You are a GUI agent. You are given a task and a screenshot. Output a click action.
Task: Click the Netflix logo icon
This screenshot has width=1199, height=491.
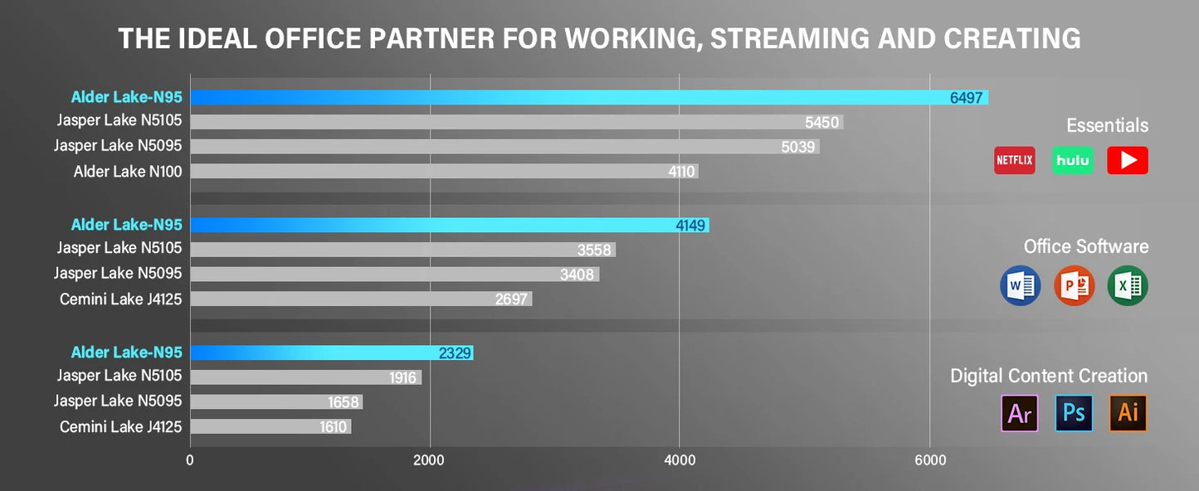[1014, 160]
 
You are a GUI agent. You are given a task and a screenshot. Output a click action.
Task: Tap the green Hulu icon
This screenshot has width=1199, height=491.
[1072, 160]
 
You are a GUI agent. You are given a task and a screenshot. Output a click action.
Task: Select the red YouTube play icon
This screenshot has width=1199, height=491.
[1128, 160]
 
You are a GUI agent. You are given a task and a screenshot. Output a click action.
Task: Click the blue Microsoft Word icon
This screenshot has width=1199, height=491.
[1020, 286]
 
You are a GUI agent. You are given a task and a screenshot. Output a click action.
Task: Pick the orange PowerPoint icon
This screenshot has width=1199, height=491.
[1074, 286]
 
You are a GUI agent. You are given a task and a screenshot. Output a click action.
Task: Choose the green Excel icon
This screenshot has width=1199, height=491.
[1128, 286]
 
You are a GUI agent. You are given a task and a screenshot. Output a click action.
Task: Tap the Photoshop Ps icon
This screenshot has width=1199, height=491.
[1074, 413]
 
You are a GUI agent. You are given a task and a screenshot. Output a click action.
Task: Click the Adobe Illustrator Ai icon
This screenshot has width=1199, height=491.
[1128, 413]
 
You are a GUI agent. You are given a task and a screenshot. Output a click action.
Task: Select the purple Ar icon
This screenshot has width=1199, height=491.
[1020, 413]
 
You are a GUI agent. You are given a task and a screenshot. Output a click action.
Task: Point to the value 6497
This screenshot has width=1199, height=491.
[966, 98]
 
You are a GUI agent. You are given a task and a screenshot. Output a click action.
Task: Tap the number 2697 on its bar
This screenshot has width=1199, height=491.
[511, 299]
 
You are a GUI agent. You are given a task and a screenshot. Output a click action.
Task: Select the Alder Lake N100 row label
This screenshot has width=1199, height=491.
[128, 172]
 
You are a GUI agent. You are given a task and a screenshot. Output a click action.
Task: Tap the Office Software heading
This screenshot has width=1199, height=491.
[1085, 246]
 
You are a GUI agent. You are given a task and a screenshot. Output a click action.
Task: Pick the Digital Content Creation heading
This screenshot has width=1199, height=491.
[1049, 376]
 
